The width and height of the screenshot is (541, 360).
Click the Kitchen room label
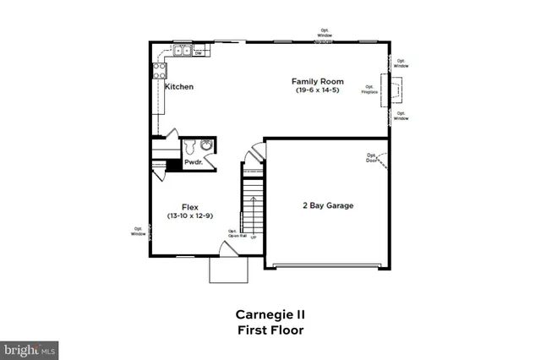coord(179,87)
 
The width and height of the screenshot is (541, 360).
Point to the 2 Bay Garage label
coord(328,205)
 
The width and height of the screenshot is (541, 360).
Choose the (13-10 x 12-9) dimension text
coord(189,215)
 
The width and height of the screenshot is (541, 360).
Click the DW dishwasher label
coord(198,54)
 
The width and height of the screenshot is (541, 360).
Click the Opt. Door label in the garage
coord(371,157)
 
